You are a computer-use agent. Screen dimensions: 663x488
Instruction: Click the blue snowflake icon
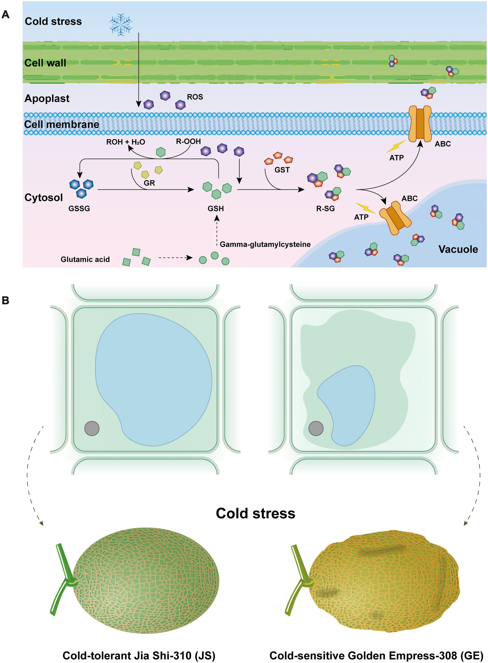(x=120, y=24)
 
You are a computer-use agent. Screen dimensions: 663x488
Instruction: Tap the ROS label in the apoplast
(x=195, y=97)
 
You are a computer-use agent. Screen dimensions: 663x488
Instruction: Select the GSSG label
(x=79, y=208)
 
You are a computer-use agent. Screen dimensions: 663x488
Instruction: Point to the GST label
(x=282, y=170)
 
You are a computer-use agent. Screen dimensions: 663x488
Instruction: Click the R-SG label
(x=325, y=208)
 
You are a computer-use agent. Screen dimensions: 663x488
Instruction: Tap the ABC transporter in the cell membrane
(x=420, y=124)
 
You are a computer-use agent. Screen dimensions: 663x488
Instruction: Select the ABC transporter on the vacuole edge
(x=395, y=218)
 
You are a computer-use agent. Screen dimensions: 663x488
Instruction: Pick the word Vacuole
(x=458, y=249)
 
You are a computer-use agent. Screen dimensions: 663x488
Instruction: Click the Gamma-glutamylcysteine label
(x=265, y=244)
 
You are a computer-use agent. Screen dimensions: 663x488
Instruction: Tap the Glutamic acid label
(x=85, y=259)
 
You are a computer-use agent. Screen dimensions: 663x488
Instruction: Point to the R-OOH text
(x=188, y=141)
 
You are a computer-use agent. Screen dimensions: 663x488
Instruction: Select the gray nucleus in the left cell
(x=92, y=428)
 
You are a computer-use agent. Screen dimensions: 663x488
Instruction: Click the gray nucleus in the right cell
(x=316, y=428)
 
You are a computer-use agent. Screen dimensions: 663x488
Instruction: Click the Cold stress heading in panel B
(x=255, y=513)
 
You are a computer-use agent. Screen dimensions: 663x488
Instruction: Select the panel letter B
(x=5, y=300)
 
